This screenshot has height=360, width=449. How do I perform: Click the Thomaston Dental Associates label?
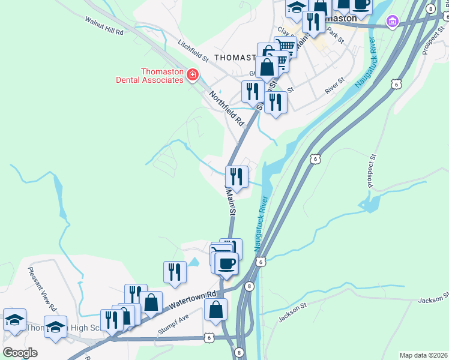pyautogui.click(x=162, y=76)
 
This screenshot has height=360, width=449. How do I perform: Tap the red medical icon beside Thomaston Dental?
pyautogui.click(x=193, y=75)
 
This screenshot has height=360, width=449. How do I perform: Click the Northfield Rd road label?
pyautogui.click(x=228, y=108)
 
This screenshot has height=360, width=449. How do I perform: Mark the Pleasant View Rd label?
pyautogui.click(x=42, y=289)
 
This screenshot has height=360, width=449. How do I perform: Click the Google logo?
pyautogui.click(x=20, y=352)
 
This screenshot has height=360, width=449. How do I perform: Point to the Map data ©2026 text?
pyautogui.click(x=423, y=355)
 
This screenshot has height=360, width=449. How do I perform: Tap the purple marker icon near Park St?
pyautogui.click(x=393, y=22)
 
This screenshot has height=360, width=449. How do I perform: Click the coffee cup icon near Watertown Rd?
pyautogui.click(x=226, y=263)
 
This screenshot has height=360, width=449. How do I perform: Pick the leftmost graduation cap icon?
pyautogui.click(x=14, y=319)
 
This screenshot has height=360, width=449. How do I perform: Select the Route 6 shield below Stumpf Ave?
pyautogui.click(x=208, y=338)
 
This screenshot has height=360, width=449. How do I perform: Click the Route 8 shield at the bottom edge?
pyautogui.click(x=239, y=352)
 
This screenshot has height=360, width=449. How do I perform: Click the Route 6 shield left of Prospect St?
pyautogui.click(x=395, y=85)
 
